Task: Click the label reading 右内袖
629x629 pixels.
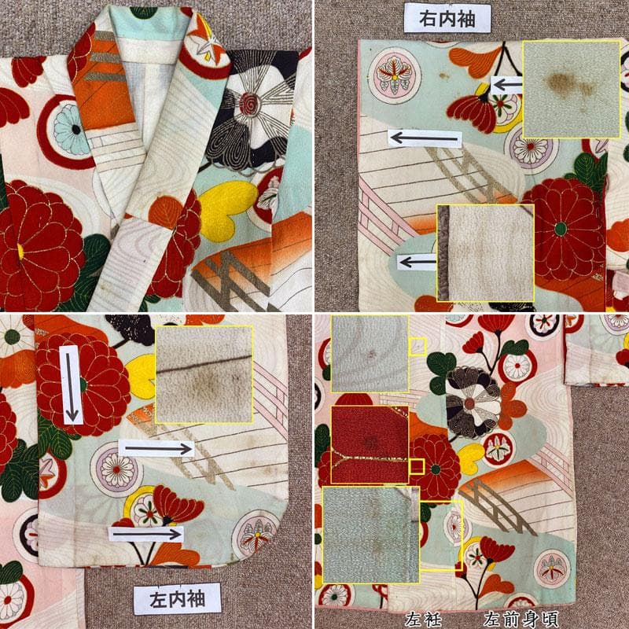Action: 447,18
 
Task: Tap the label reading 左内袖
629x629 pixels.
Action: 177,599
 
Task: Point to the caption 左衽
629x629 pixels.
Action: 423,619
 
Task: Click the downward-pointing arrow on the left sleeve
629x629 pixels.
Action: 71,385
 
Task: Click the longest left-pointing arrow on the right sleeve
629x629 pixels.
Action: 425,139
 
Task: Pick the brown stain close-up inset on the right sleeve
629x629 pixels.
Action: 572,90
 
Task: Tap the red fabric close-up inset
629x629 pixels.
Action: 370,444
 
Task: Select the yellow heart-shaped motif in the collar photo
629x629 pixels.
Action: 226,209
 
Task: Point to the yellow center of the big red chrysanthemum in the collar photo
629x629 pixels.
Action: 20,252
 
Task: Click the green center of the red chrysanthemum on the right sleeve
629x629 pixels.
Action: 561,229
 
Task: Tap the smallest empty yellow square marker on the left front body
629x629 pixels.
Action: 417,466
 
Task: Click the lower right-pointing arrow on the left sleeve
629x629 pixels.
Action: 146,534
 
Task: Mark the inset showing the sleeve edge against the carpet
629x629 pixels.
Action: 485,252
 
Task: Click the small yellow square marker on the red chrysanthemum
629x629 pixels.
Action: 417,466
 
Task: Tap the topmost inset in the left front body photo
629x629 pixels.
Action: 370,353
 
